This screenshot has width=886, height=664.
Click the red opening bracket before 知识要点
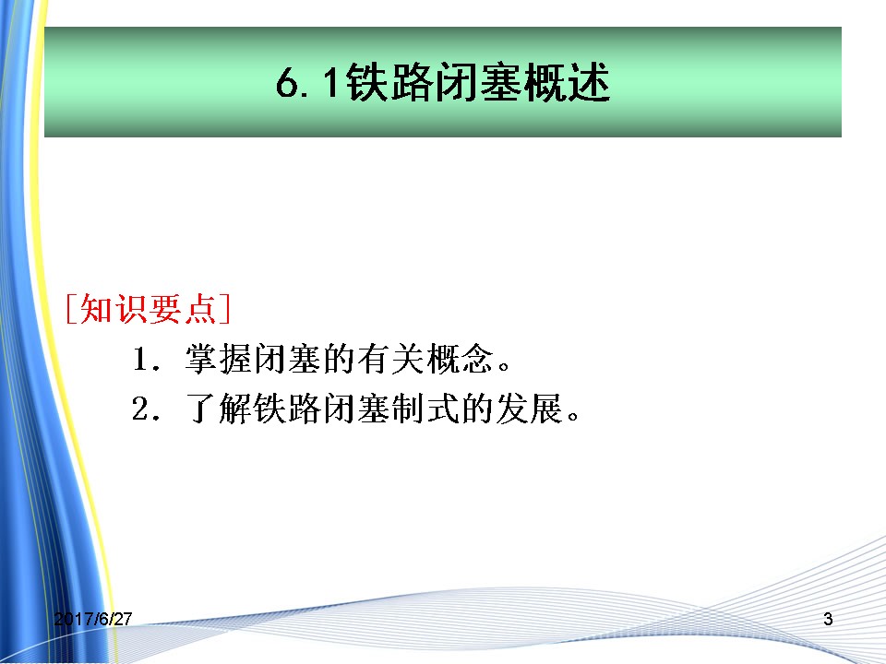tap(71, 309)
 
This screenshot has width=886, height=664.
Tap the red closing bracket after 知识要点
tap(225, 309)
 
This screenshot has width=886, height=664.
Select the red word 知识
tap(114, 309)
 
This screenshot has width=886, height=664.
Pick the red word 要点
tap(183, 309)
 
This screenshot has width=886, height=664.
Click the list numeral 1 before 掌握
tap(140, 359)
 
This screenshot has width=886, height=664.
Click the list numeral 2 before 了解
tap(140, 409)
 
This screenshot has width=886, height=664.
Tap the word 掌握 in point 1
tap(220, 359)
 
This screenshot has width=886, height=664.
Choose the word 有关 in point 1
tap(391, 359)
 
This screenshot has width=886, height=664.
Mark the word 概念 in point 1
tap(460, 359)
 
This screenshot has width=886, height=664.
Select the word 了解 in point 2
tap(220, 409)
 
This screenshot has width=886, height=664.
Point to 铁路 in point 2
tap(288, 409)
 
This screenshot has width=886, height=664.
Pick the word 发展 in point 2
tap(529, 409)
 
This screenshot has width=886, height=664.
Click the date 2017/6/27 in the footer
tap(93, 619)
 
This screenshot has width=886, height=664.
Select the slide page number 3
tap(828, 619)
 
